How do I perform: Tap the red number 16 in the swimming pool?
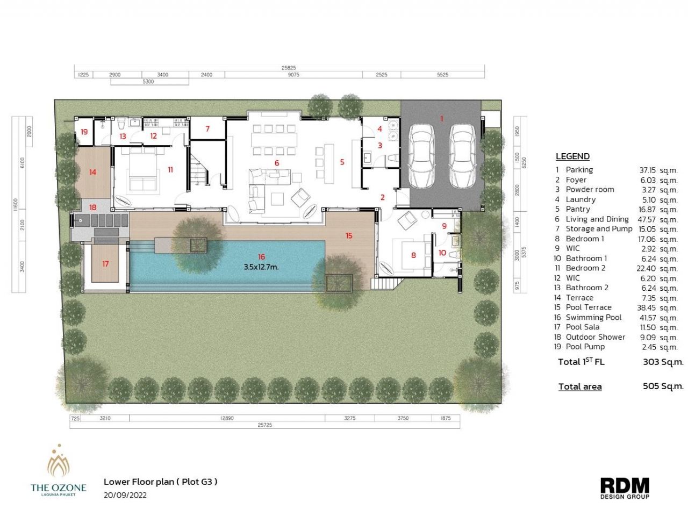[261, 257]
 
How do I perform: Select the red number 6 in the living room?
[277, 163]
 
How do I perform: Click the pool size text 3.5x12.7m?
[261, 267]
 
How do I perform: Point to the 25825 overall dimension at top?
[289, 68]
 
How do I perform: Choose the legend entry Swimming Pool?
[593, 317]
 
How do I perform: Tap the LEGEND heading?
[572, 156]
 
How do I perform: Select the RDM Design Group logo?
[625, 488]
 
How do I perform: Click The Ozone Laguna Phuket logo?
[58, 470]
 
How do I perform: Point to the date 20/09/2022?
[125, 494]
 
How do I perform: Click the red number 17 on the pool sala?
[105, 264]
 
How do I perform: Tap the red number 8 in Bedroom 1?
[413, 255]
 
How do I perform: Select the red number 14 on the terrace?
[92, 173]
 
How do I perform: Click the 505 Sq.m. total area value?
[663, 386]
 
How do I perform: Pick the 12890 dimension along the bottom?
[227, 418]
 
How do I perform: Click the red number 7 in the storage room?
[207, 129]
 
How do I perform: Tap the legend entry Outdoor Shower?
[595, 337]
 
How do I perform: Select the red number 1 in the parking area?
[442, 119]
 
